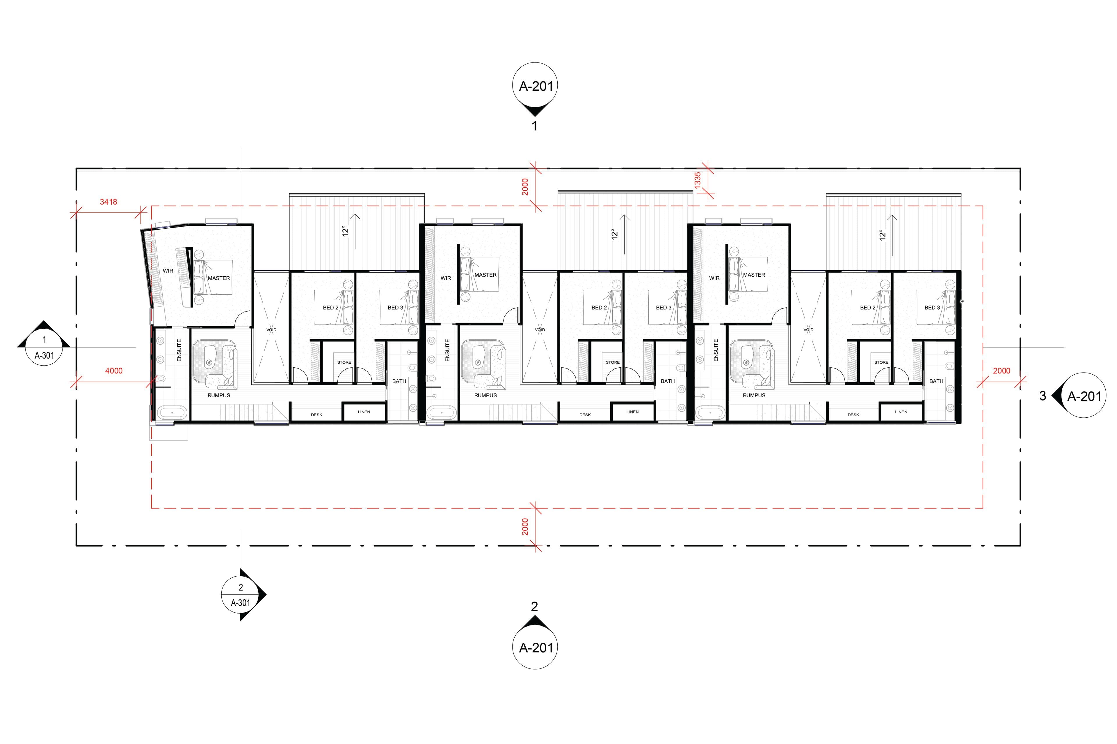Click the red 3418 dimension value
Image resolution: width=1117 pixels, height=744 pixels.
coord(108,202)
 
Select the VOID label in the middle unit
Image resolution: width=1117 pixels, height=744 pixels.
coord(540,330)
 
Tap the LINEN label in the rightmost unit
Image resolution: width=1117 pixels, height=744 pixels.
coord(901,412)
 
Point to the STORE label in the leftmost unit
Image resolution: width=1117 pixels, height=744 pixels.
coord(344,362)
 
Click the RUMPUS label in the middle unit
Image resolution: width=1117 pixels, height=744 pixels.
coord(485,395)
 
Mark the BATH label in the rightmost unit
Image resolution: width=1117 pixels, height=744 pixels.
coord(936,381)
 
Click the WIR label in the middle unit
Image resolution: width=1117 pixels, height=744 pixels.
coord(445,278)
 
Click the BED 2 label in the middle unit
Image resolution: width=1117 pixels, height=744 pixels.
coord(599,307)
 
